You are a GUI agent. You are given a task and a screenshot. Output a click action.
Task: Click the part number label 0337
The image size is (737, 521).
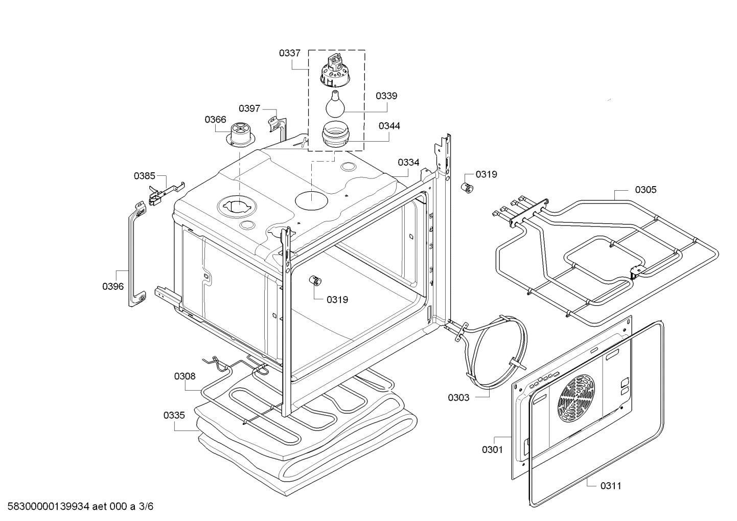[289, 53]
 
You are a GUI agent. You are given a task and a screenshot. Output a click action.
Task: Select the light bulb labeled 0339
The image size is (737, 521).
[334, 102]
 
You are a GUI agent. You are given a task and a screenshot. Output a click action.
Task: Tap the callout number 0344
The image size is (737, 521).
[389, 126]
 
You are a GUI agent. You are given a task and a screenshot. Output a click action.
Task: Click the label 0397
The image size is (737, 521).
[249, 108]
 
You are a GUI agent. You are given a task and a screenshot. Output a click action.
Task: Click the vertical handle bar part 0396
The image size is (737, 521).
[134, 256]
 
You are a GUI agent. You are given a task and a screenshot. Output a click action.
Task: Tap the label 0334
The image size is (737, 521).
[408, 163]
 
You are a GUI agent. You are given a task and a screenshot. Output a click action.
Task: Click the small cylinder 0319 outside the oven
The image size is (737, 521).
[467, 188]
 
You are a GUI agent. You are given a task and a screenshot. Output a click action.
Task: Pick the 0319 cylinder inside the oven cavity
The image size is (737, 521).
[316, 281]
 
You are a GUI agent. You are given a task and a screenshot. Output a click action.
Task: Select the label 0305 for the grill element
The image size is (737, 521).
[646, 190]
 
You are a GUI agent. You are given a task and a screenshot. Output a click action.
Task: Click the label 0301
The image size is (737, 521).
[492, 449]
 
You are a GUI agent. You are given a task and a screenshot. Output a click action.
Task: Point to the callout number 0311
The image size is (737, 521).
[611, 486]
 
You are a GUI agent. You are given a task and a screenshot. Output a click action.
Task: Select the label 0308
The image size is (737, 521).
[185, 376]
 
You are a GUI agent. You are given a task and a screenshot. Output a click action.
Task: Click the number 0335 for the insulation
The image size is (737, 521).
[174, 415]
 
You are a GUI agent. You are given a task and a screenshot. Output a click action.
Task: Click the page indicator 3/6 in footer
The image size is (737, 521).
[146, 507]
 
